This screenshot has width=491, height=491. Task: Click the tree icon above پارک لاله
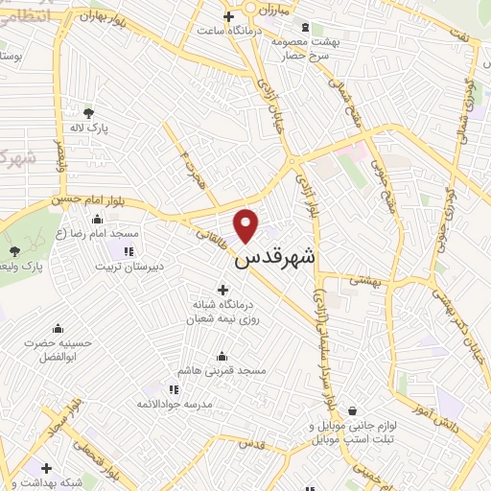(x=88, y=113)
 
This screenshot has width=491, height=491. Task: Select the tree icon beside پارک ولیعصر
(x=13, y=251)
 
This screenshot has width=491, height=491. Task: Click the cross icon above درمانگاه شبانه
(x=223, y=290)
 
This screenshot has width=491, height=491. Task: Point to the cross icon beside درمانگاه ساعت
(x=228, y=16)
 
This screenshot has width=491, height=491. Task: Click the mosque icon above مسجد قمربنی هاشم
(x=222, y=355)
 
